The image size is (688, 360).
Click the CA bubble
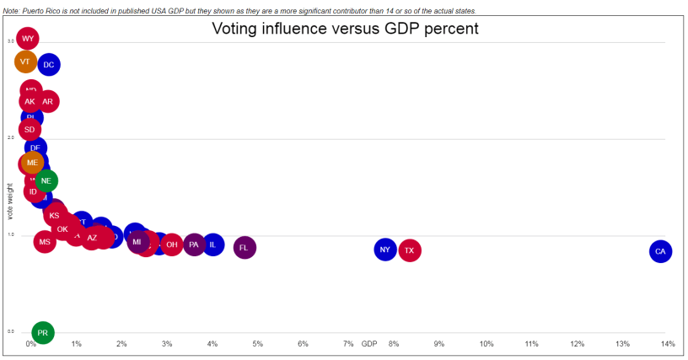(x=660, y=251)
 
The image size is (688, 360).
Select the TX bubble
(x=409, y=250)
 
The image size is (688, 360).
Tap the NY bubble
(x=384, y=250)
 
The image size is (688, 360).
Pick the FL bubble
(x=245, y=248)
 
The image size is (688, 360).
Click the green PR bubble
(x=42, y=333)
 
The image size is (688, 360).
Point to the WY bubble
(x=28, y=39)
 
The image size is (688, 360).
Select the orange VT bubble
(x=25, y=62)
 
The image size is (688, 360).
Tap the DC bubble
(x=49, y=64)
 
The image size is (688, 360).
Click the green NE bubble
(x=46, y=180)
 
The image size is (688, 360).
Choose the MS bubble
(x=45, y=242)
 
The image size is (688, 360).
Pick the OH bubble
(x=171, y=245)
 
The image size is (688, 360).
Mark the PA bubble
(x=194, y=245)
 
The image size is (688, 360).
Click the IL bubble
(x=213, y=245)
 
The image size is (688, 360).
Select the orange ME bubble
(x=32, y=163)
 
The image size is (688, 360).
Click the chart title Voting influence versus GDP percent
(x=345, y=29)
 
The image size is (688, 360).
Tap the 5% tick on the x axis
(x=258, y=344)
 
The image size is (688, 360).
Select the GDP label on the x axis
(x=369, y=344)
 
